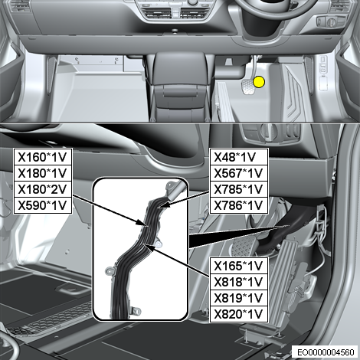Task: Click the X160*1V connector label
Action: [x=42, y=157]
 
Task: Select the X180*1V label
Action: [x=42, y=173]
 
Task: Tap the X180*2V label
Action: [x=42, y=189]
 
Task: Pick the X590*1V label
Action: [x=42, y=205]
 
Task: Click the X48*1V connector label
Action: [x=235, y=157]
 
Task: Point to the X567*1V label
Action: [x=238, y=173]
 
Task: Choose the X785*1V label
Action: [x=238, y=189]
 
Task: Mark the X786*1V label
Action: [x=238, y=205]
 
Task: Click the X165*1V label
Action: [x=238, y=266]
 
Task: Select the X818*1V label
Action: [x=238, y=282]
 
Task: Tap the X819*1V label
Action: [x=238, y=298]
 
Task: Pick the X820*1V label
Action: [x=238, y=314]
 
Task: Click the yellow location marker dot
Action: [x=259, y=82]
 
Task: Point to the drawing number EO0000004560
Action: [x=326, y=352]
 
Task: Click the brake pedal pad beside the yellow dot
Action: [x=247, y=87]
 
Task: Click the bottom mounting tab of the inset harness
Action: [x=136, y=311]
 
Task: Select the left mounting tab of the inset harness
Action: [x=110, y=270]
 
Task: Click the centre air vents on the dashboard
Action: [x=176, y=13]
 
